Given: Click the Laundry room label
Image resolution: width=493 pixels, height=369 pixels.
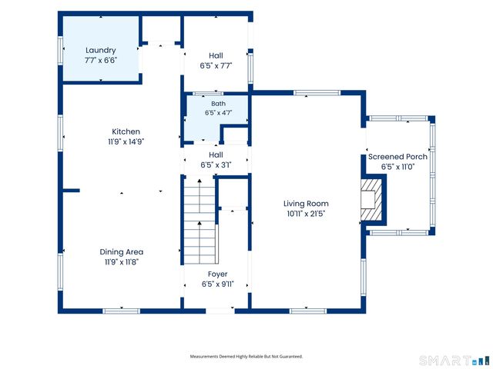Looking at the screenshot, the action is (x=101, y=50).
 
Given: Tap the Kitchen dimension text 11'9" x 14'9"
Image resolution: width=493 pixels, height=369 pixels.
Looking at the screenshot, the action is (x=126, y=141).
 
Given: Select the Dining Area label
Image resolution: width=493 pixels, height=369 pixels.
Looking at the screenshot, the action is (x=122, y=251).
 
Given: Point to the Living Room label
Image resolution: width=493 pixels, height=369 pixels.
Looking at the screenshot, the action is (x=306, y=204).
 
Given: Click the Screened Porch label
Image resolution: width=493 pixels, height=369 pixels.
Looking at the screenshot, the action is (x=397, y=157).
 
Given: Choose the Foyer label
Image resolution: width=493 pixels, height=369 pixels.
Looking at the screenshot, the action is (x=217, y=274).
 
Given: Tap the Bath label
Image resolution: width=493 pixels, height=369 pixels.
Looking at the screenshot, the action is (x=218, y=104).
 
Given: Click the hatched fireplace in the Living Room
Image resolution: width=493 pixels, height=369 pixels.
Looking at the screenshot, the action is (x=371, y=200).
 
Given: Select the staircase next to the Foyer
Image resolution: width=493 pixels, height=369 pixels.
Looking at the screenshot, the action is (x=200, y=221).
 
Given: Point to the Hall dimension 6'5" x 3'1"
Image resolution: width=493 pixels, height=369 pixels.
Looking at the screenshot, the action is (x=216, y=165).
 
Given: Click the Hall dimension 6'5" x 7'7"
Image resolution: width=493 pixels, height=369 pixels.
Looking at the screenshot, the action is (x=216, y=66).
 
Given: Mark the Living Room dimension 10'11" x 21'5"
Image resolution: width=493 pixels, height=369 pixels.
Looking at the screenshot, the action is (x=306, y=214).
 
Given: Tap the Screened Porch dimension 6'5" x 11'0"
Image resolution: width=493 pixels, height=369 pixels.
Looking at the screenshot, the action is (x=397, y=167).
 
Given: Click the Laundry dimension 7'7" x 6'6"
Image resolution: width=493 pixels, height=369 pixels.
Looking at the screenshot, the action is (x=101, y=60).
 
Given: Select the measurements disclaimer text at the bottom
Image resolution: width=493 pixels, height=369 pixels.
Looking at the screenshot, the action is (x=246, y=357).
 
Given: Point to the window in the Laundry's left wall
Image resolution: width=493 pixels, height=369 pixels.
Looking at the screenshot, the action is (x=60, y=52).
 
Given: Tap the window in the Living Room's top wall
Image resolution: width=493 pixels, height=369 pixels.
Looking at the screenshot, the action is (x=317, y=93).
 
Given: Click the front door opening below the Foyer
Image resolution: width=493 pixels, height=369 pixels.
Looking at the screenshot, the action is (x=220, y=311).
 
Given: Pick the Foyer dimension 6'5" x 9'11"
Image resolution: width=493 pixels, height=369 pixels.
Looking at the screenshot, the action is (x=217, y=284).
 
